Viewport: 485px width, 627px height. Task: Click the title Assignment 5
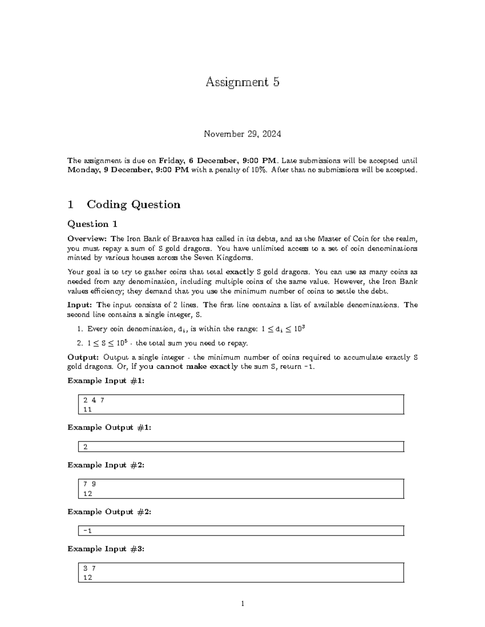242,82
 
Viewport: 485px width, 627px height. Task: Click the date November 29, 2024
242,134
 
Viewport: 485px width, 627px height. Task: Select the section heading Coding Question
133,205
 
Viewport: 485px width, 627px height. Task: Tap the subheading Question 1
92,224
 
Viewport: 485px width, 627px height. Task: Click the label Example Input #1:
105,381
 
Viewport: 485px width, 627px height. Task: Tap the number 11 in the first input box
87,409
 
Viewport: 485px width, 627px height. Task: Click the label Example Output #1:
109,428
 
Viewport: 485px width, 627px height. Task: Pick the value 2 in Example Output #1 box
85,447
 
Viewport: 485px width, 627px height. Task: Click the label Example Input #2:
105,465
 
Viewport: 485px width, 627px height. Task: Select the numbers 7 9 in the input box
89,484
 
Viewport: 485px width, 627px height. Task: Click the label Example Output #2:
109,512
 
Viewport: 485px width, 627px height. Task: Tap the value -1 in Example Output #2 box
87,531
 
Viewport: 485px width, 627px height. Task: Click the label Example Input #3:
105,549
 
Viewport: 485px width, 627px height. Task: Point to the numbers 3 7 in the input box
89,568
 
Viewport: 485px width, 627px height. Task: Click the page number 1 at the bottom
242,604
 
